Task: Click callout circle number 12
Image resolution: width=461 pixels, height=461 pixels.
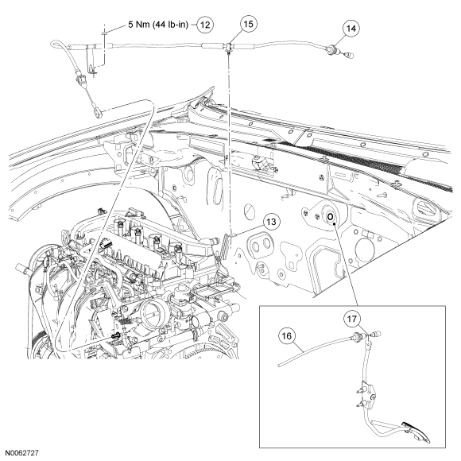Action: coord(205,25)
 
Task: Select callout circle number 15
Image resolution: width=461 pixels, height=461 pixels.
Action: coord(249,24)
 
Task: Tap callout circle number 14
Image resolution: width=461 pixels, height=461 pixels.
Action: coord(351,29)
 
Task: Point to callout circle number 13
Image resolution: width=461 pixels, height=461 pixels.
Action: coord(271,222)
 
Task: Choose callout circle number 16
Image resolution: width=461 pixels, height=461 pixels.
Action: coord(287,335)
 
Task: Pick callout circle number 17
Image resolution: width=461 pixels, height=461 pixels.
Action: coord(352,319)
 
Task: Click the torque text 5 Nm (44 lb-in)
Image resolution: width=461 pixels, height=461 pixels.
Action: coord(158,25)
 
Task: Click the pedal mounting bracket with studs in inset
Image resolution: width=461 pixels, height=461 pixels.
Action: coord(366,395)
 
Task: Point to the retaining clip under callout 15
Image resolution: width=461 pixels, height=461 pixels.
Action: coord(228,48)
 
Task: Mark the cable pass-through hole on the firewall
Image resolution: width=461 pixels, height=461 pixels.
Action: coord(330,217)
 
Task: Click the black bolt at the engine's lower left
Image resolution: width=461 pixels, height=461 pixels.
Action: coord(116,335)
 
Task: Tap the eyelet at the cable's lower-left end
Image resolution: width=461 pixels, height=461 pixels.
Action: coord(98,112)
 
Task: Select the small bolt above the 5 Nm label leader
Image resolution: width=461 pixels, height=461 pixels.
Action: coord(104,33)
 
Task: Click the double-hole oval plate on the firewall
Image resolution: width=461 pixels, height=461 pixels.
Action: coord(261,243)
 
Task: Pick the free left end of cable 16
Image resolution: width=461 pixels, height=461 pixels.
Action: coord(279,366)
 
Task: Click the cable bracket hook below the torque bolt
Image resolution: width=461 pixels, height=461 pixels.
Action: coord(91,69)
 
